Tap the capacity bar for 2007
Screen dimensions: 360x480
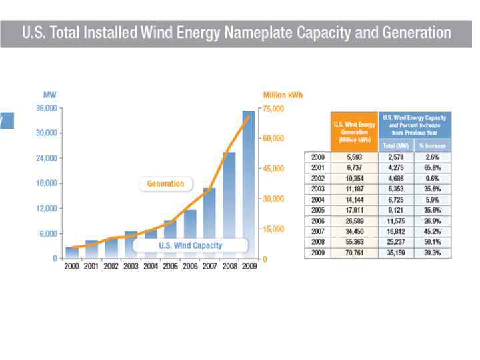(x=209, y=223)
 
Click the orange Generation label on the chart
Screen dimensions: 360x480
(x=165, y=183)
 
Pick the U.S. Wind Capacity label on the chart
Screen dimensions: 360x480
(x=190, y=245)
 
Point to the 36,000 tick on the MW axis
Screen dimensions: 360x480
(x=43, y=108)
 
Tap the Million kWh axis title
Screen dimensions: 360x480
(x=283, y=95)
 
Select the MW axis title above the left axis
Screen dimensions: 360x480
(x=50, y=95)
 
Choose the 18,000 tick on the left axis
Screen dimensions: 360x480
(x=43, y=183)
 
